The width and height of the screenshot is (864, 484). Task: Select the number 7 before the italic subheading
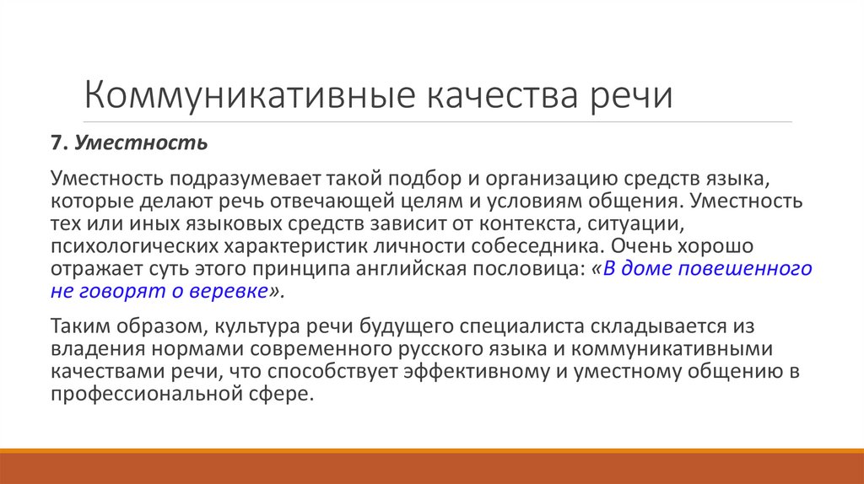[x=57, y=143]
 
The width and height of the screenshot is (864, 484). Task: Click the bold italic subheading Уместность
[x=141, y=143]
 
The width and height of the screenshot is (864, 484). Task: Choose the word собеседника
[x=527, y=247]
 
